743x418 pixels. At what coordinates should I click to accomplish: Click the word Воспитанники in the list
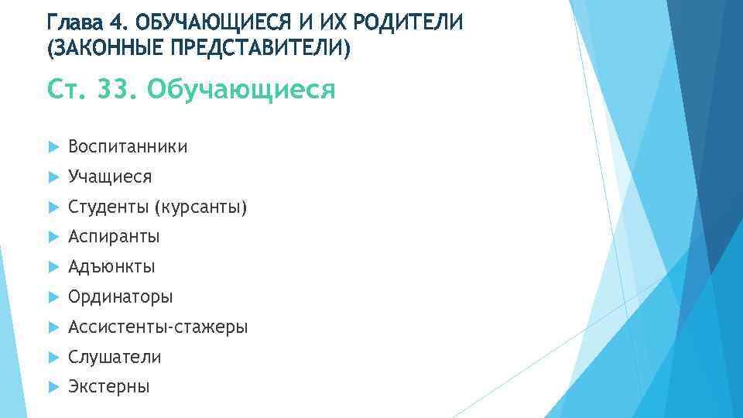[x=128, y=147]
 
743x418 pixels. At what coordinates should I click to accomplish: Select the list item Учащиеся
[x=110, y=177]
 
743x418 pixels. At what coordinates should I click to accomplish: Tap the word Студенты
[x=108, y=207]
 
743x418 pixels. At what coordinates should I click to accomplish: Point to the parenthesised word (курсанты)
[x=200, y=207]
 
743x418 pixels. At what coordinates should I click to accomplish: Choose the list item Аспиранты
[x=114, y=237]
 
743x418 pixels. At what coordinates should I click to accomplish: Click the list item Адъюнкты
[x=111, y=267]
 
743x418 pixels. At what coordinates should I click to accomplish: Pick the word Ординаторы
[x=120, y=297]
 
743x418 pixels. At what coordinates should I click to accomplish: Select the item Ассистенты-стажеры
[x=158, y=327]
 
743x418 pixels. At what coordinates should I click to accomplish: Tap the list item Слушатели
[x=115, y=358]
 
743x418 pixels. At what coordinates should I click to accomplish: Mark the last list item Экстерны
[x=109, y=387]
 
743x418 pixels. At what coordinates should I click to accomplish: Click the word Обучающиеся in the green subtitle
[x=241, y=90]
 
